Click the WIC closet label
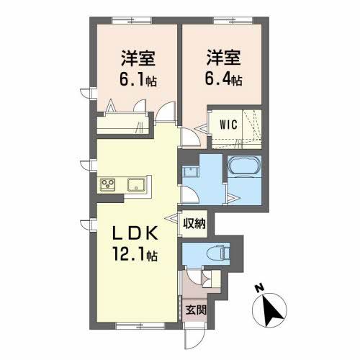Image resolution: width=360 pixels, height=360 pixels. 229,122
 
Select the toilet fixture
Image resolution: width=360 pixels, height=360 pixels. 217,253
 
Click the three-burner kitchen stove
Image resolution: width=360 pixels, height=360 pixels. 109,184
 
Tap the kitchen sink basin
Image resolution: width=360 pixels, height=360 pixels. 135,184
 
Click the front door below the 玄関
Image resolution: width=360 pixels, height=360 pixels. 192,336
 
